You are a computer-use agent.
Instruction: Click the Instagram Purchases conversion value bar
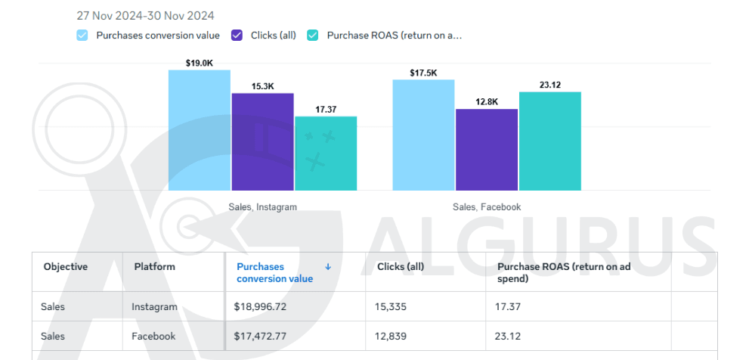200,130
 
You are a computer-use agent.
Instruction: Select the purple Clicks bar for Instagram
263,141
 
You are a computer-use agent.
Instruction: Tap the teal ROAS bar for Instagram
326,153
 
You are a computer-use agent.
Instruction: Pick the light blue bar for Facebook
423,135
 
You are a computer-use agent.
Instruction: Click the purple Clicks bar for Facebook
486,150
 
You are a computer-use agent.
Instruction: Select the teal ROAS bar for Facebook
549,141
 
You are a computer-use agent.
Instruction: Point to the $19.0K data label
199,64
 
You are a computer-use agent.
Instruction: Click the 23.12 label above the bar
550,85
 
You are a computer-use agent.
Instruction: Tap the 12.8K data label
487,102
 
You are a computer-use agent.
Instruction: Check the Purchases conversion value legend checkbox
82,35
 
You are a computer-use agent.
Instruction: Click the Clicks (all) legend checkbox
237,35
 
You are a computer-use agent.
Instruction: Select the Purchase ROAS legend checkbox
312,35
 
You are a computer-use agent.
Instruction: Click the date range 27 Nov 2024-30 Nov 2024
145,15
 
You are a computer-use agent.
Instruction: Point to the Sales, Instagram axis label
262,206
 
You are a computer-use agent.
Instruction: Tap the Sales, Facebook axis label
487,206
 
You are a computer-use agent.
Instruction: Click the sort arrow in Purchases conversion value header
328,267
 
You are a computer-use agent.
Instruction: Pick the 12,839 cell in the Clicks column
391,336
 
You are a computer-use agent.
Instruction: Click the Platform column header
155,267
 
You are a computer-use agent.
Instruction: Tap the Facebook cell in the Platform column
153,336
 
